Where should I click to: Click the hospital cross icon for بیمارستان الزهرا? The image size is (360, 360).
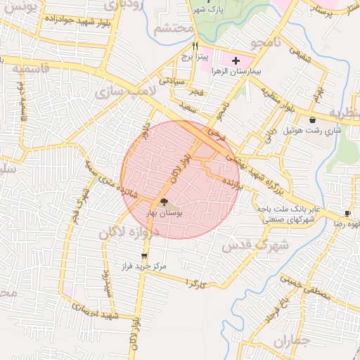click(x=235, y=62)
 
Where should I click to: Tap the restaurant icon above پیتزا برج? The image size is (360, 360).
click(x=186, y=46)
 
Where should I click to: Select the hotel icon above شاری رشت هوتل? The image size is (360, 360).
click(x=312, y=121)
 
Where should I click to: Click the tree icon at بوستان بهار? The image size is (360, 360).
click(x=155, y=202)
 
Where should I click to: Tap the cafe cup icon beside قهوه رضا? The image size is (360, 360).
click(x=348, y=213)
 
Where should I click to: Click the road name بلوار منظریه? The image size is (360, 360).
click(x=278, y=99)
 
